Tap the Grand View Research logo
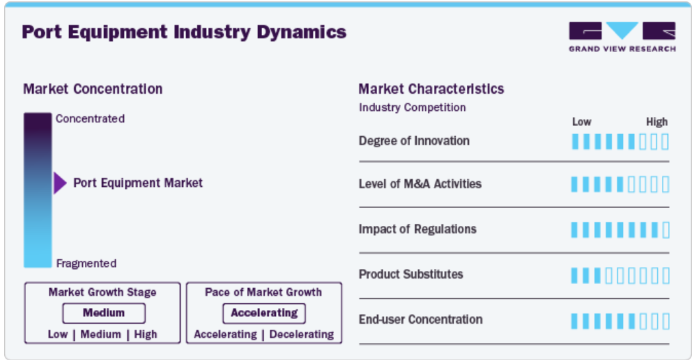[x=622, y=37]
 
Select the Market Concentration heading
[x=92, y=89]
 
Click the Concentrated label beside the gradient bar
[x=90, y=118]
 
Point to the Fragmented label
[x=86, y=263]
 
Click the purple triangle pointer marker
[x=60, y=183]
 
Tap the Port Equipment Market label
[x=138, y=183]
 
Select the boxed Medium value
[x=104, y=313]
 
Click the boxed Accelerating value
[x=264, y=313]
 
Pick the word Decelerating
[x=301, y=335]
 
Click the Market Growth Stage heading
[x=103, y=292]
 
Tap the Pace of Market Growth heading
[x=264, y=292]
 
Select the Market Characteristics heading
[x=431, y=89]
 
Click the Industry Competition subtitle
[x=412, y=107]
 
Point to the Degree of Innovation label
[x=414, y=141]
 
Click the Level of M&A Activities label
[x=420, y=183]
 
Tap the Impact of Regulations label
[x=418, y=229]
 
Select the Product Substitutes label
[x=411, y=274]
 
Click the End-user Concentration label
[x=420, y=320]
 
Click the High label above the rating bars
[x=656, y=122]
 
